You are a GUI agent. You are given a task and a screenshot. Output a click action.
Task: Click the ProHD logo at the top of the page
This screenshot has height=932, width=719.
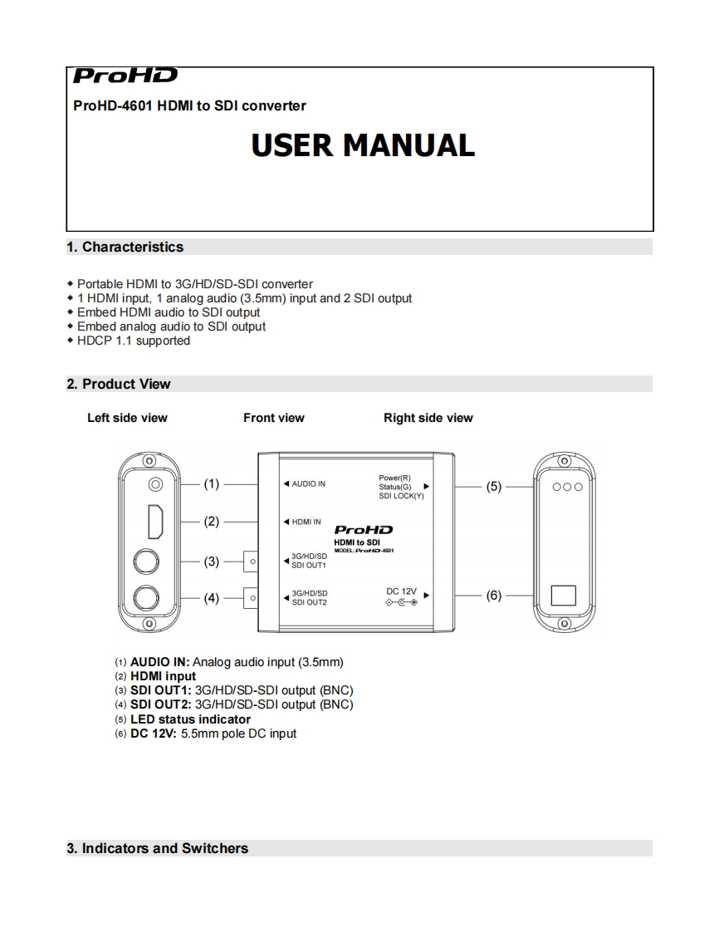125,76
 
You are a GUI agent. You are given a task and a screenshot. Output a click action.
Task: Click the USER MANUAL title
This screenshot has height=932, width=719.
363,145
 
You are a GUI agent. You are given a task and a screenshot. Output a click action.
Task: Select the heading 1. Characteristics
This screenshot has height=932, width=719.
125,247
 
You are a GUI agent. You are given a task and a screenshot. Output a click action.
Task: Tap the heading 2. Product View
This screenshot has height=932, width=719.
118,384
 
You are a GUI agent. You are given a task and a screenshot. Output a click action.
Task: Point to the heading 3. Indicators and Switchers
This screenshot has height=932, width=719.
157,848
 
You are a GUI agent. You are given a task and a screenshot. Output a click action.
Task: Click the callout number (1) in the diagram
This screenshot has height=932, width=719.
212,483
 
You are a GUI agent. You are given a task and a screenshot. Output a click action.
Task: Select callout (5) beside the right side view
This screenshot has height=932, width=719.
494,487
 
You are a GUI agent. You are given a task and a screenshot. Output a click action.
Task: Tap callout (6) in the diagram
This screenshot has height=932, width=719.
494,595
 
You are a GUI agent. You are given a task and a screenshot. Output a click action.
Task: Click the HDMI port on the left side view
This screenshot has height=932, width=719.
154,522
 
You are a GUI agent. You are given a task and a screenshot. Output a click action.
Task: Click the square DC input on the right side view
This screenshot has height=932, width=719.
564,595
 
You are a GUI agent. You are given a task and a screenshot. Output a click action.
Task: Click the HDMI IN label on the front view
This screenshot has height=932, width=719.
306,522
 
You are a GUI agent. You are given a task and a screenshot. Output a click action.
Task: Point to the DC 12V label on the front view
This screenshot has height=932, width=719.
401,591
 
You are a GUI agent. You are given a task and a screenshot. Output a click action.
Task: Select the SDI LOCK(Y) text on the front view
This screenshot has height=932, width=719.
401,495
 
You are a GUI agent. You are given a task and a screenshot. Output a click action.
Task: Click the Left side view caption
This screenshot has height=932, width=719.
127,418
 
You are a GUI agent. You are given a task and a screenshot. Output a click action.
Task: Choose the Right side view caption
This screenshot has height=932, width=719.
428,418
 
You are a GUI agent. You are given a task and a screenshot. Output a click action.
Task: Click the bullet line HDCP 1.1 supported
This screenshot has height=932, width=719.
133,341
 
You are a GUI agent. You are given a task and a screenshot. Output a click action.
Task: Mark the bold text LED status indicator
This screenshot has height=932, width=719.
190,719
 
